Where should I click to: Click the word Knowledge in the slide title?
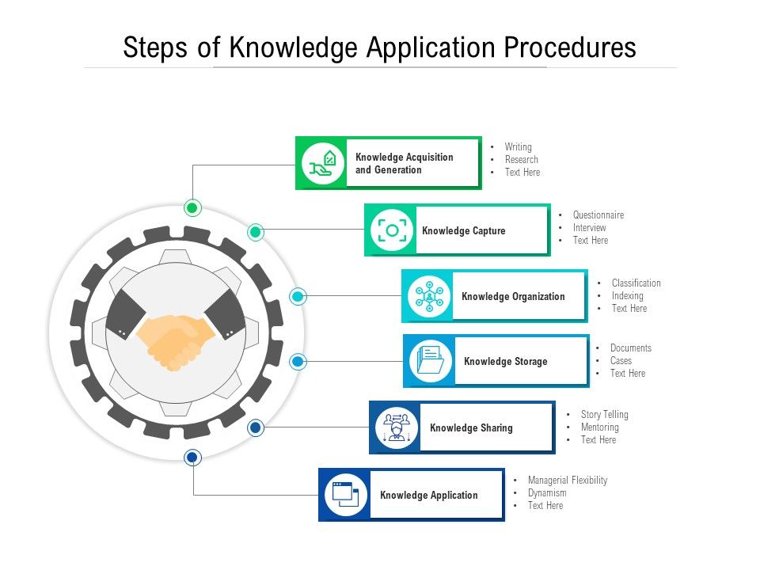point(294,48)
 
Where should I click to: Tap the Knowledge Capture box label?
point(463,231)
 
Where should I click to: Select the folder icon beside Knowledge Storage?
point(431,361)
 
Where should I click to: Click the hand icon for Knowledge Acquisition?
point(324,163)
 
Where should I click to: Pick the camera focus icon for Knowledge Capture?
point(392,230)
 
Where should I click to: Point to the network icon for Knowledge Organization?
point(429,297)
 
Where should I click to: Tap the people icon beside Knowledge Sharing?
point(395,427)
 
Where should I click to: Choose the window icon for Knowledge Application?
point(345,495)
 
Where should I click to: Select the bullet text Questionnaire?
point(598,215)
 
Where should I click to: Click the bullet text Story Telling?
point(604,415)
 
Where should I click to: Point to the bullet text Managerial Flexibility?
point(568,481)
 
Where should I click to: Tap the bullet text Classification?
point(636,283)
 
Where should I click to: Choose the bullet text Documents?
point(631,348)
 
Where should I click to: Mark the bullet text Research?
point(521,160)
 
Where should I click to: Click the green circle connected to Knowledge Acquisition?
point(192,208)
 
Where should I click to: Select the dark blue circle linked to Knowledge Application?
point(192,458)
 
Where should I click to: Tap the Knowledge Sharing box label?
point(471,428)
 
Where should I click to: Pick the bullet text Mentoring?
point(599,427)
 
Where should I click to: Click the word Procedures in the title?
point(570,48)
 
